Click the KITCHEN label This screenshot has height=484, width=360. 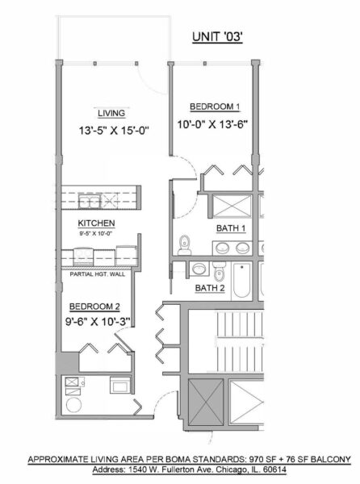(96, 223)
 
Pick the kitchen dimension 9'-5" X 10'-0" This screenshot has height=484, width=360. (96, 233)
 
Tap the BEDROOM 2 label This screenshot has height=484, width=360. (96, 307)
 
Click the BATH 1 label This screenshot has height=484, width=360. (230, 229)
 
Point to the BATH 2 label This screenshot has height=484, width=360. (210, 287)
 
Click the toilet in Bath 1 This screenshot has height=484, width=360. (185, 240)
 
